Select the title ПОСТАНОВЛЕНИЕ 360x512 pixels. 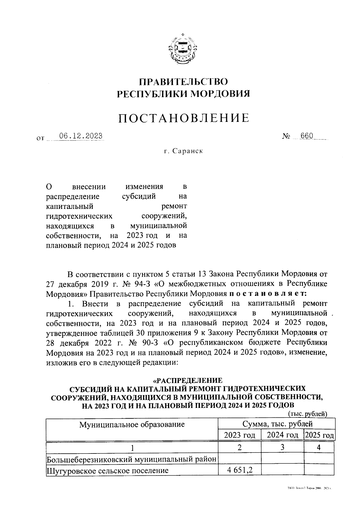[183, 118]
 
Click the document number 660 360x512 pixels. [307, 136]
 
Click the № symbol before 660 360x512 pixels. [286, 137]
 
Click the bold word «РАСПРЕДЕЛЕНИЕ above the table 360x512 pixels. [188, 381]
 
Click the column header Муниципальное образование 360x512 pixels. [132, 424]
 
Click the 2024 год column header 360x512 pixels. [282, 435]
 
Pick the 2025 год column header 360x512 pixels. [319, 435]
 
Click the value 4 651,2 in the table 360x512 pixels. [239, 470]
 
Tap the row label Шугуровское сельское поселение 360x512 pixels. [107, 470]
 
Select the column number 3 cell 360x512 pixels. [282, 447]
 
